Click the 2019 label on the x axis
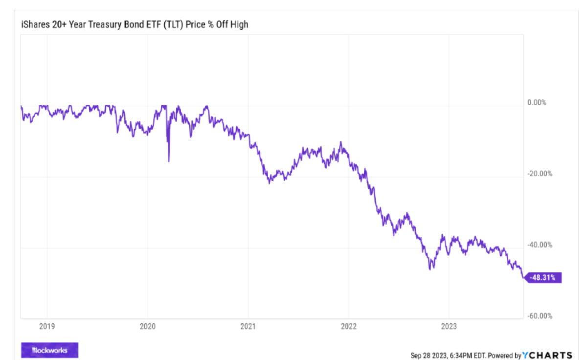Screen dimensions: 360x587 tap(47, 326)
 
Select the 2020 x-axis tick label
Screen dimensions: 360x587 tap(147, 326)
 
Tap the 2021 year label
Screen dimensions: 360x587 tap(248, 326)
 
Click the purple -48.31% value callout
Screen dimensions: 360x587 tap(544, 278)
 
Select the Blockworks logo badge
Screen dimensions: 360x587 tap(49, 350)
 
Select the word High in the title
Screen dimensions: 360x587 tap(239, 24)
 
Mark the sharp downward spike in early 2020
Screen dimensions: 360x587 tap(169, 160)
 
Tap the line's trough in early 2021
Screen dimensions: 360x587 tap(270, 183)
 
